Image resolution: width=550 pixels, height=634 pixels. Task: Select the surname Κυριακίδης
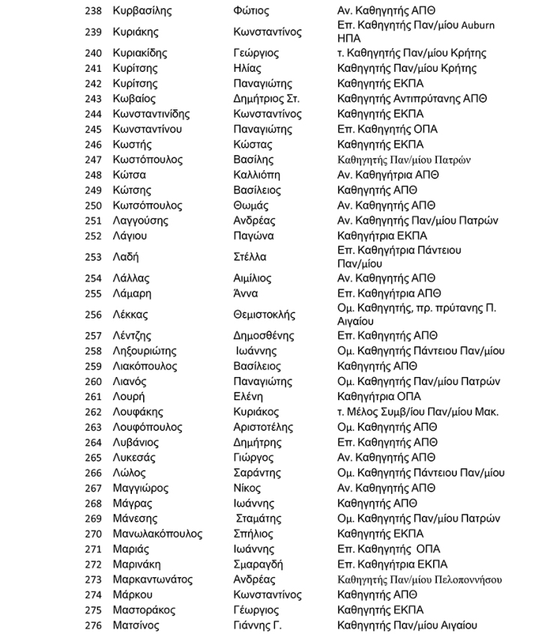tap(139, 53)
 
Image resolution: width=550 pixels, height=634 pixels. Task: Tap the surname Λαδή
tap(126, 257)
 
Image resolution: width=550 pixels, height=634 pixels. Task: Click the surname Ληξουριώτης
tap(144, 351)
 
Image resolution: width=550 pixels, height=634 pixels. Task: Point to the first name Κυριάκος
tap(256, 412)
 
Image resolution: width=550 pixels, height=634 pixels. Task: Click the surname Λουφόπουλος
tap(147, 427)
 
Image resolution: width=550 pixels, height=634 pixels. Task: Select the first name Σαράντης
tap(257, 473)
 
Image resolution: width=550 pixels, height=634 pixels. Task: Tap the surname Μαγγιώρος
tap(140, 488)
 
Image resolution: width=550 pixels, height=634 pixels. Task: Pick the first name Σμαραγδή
tap(259, 564)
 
